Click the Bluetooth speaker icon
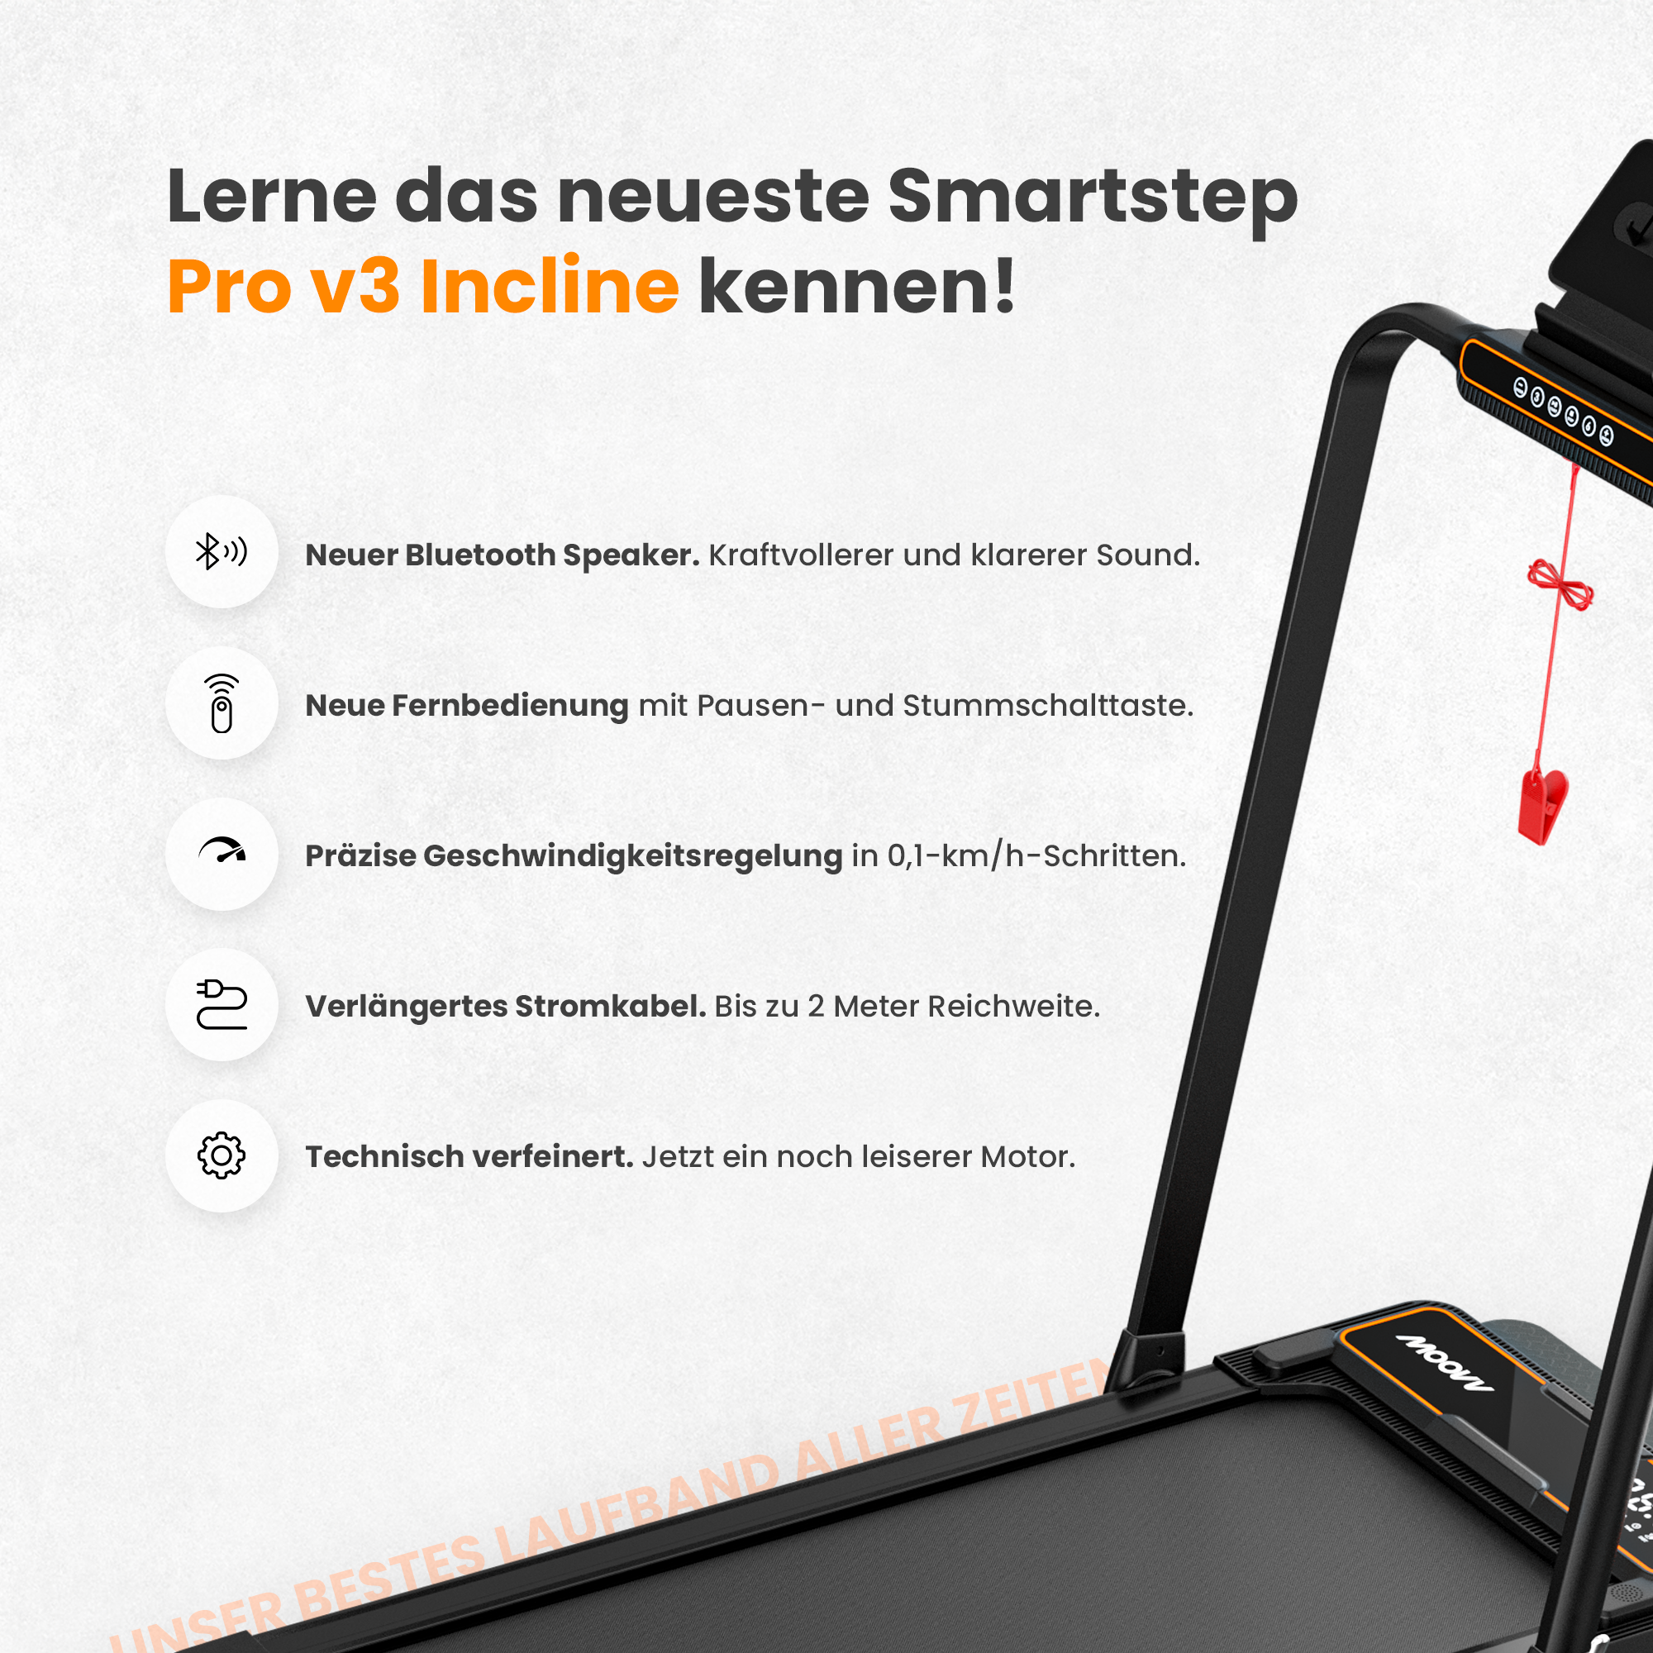[x=222, y=552]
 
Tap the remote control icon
[x=222, y=703]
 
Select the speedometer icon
[x=222, y=853]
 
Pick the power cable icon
[x=222, y=1004]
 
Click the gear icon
[x=222, y=1156]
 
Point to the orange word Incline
[x=550, y=286]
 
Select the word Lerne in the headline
[x=271, y=197]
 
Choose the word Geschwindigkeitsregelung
[x=632, y=856]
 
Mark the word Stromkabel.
[x=610, y=1007]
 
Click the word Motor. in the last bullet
[x=1027, y=1157]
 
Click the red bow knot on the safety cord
[x=1560, y=585]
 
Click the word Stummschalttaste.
[x=1047, y=706]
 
